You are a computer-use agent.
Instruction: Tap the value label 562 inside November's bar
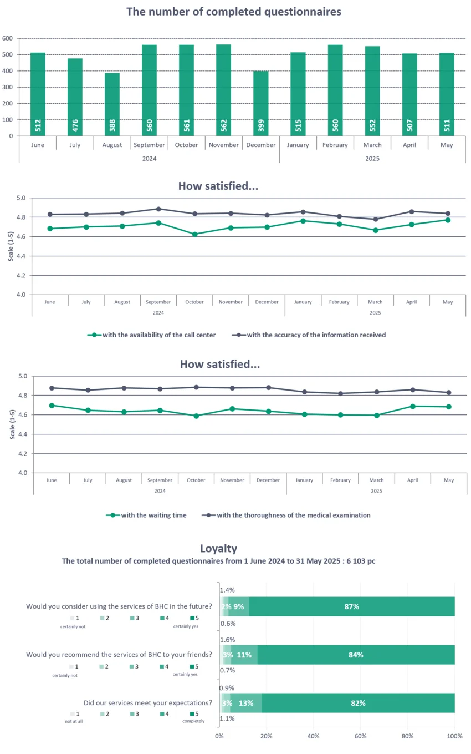(223, 125)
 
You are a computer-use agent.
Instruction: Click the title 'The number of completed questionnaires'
(233, 12)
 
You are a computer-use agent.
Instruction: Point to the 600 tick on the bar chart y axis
(7, 38)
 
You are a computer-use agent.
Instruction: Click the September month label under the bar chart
(149, 145)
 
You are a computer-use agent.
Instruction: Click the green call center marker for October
(194, 234)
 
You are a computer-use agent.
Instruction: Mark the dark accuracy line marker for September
(158, 209)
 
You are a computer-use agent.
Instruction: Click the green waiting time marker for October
(196, 416)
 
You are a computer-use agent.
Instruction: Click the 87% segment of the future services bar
(351, 606)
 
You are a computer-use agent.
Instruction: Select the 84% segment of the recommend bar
(356, 655)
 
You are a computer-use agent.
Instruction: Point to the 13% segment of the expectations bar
(246, 703)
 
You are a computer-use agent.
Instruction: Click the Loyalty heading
(218, 549)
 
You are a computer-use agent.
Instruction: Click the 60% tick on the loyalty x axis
(360, 736)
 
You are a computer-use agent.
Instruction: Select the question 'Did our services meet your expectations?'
(148, 702)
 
